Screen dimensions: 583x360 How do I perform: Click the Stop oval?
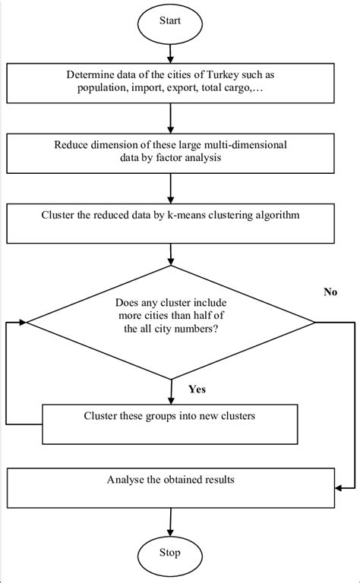[170, 552]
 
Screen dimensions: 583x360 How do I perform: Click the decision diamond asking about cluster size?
[170, 322]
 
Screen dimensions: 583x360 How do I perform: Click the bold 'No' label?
[330, 291]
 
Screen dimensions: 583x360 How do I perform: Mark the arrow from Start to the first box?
[170, 51]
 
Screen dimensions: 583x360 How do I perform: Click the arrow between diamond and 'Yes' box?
[170, 392]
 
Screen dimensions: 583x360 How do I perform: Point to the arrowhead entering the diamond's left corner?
[23, 322]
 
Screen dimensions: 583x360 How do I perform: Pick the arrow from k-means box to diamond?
[170, 253]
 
